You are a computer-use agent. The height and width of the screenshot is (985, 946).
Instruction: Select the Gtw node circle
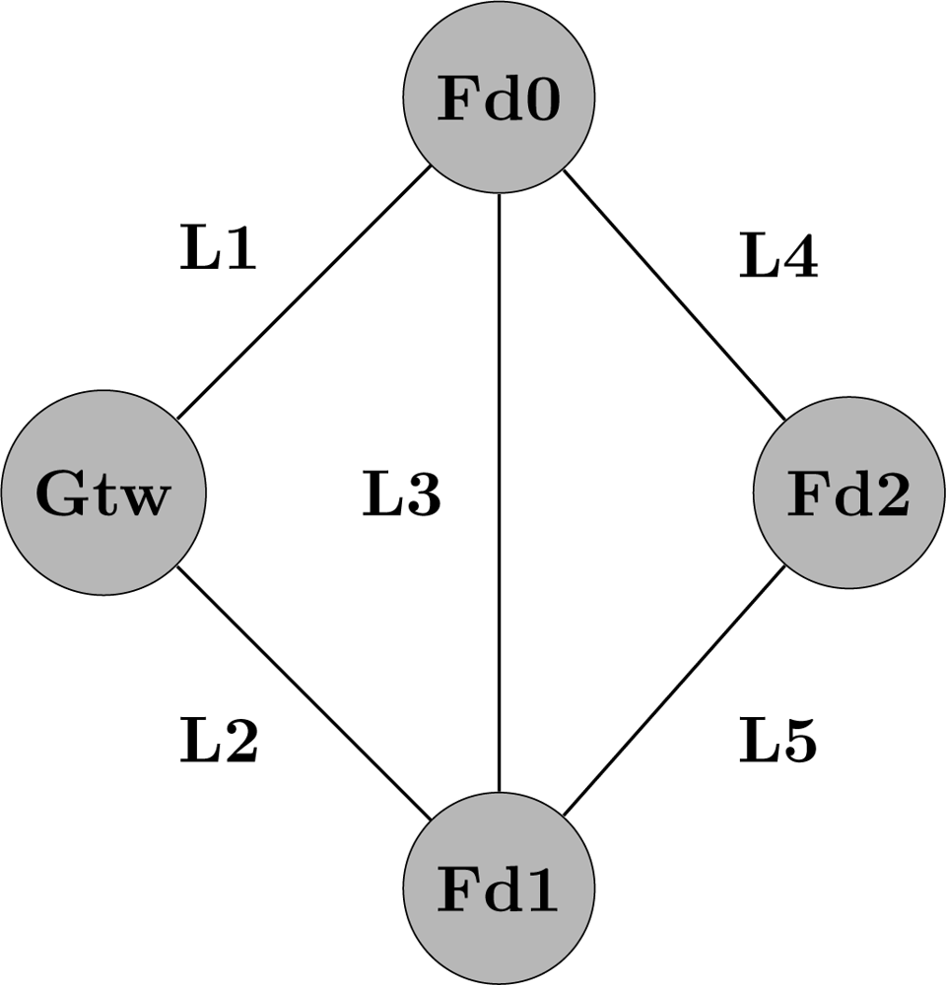coord(103,492)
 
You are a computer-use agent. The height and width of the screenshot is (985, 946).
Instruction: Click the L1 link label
coord(218,249)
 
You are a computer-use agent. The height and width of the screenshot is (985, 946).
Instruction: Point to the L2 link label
coord(219,742)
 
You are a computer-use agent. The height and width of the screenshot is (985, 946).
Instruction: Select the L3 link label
coord(400,495)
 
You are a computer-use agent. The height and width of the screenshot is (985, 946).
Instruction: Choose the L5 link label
coord(778,742)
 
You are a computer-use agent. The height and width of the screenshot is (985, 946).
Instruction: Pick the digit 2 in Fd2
coord(890,495)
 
